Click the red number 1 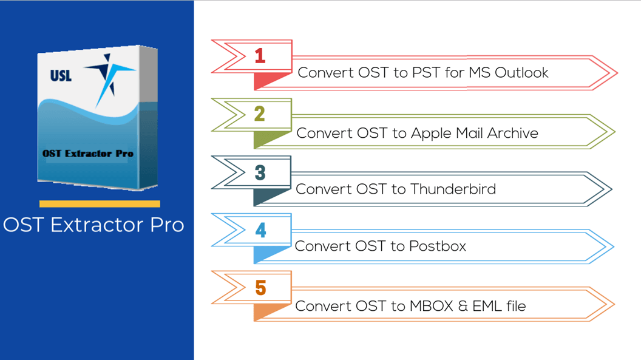pos(260,56)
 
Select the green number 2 pos(260,114)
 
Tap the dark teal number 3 pos(260,172)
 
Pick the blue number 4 pos(260,230)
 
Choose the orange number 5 pos(260,287)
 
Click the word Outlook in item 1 pos(521,73)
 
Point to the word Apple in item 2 pos(432,133)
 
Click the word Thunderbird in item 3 pos(453,189)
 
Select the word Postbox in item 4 pos(437,246)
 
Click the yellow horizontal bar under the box pos(100,204)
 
